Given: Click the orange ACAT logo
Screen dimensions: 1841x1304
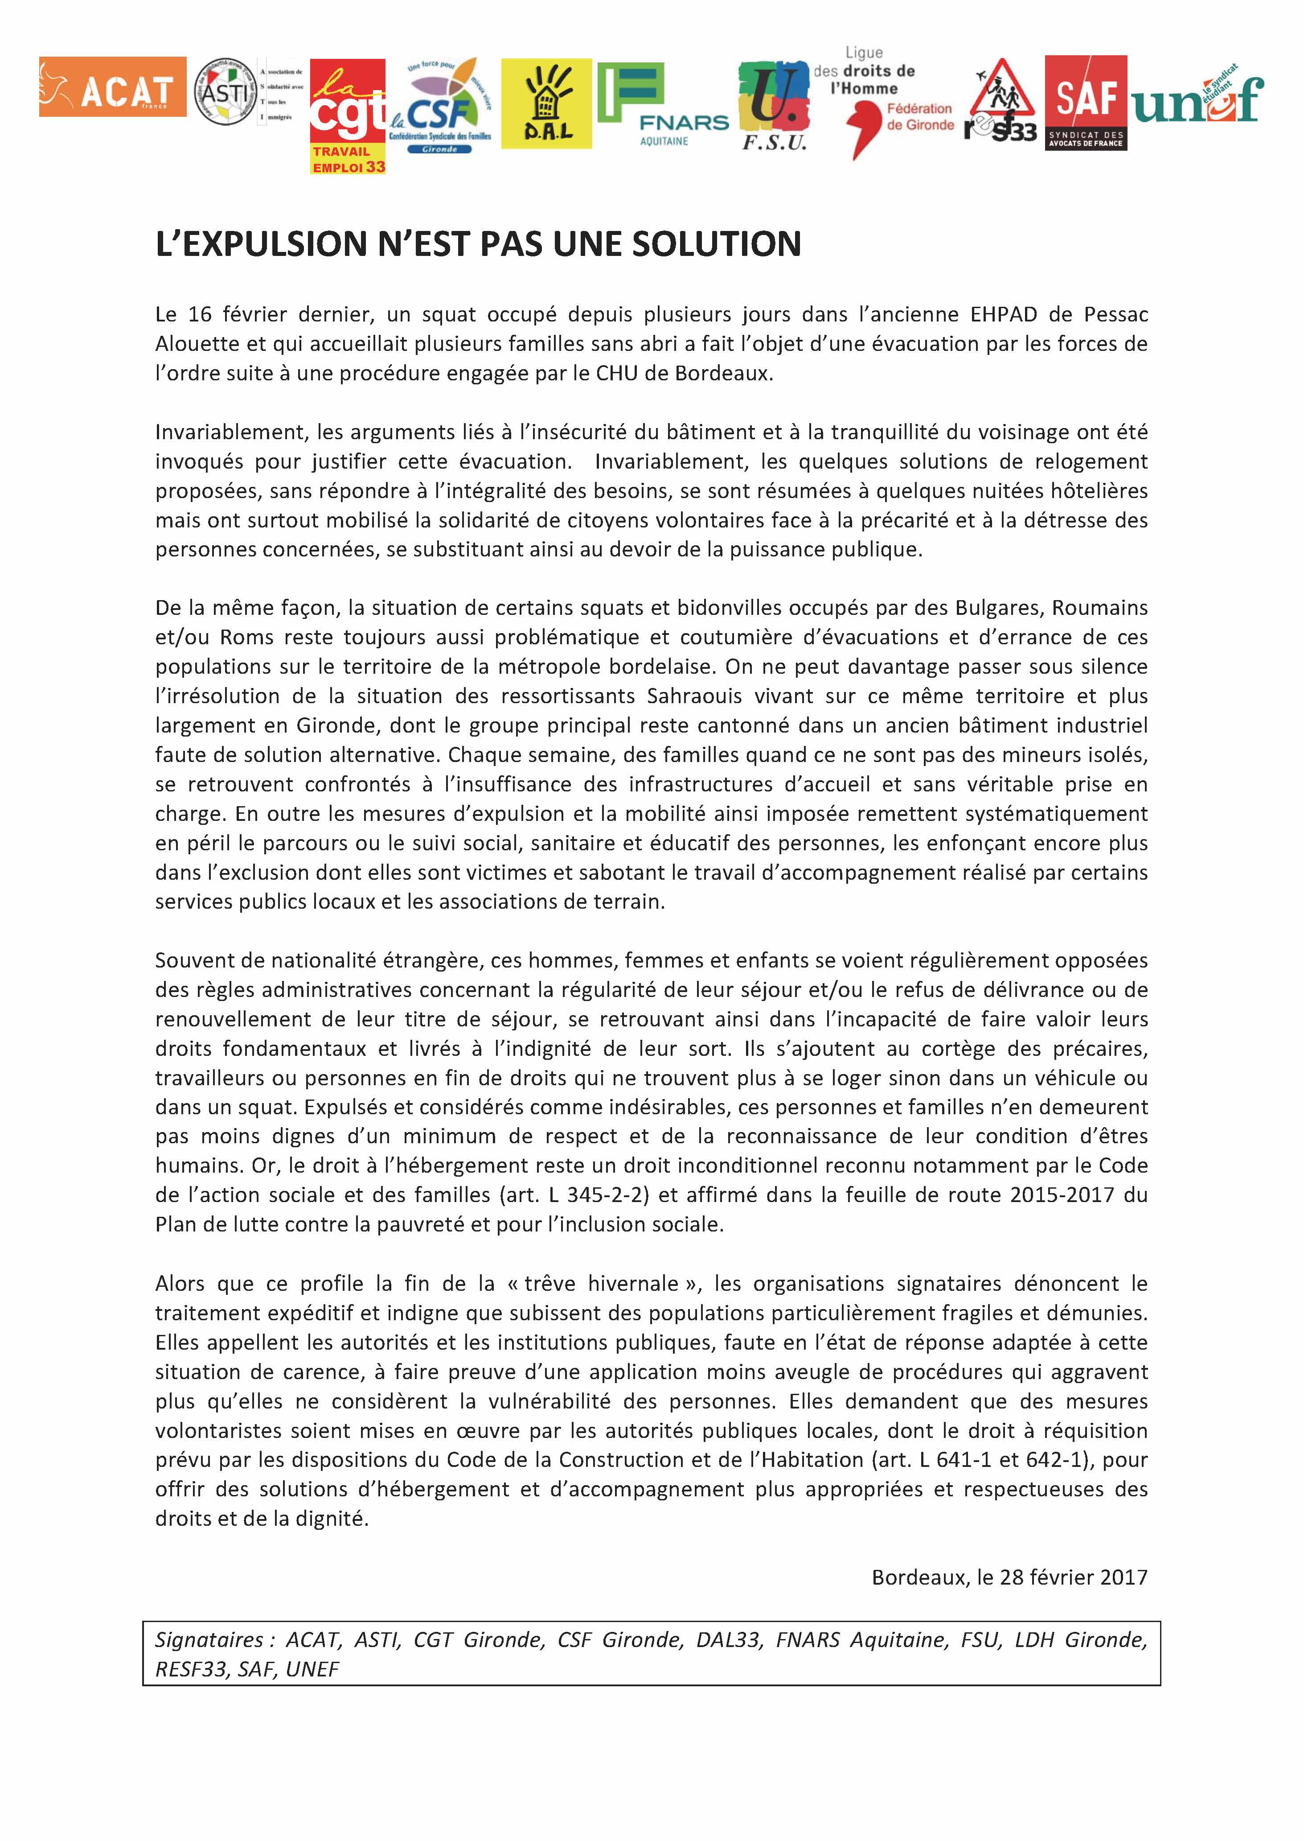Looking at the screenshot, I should coord(112,87).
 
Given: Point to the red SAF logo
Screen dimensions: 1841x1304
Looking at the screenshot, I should coord(1086,102).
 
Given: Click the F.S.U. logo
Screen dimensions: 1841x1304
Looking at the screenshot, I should coord(773,107).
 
